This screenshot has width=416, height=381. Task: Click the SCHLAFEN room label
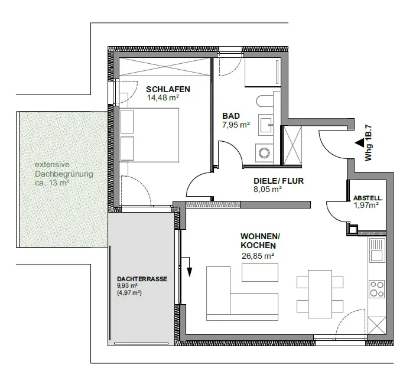(x=168, y=89)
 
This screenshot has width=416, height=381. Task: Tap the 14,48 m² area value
(x=163, y=98)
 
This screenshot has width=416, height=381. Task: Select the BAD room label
(x=231, y=116)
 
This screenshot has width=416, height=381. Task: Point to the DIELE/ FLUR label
(x=278, y=181)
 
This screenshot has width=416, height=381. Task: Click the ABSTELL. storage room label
(x=368, y=198)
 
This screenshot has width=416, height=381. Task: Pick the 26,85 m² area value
(x=258, y=256)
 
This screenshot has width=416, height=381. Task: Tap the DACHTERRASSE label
(x=142, y=279)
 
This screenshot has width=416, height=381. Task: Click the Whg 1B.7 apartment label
(x=369, y=143)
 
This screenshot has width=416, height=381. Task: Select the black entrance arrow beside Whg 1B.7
(x=360, y=143)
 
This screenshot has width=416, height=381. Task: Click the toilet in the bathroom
(x=265, y=102)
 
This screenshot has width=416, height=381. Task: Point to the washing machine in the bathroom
(x=264, y=153)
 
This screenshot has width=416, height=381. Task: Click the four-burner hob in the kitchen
(x=377, y=289)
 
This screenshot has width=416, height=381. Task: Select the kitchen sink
(x=377, y=250)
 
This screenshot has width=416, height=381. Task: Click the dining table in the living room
(x=320, y=294)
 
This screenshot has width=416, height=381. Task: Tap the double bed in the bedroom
(x=149, y=135)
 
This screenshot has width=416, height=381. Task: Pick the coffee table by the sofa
(x=260, y=272)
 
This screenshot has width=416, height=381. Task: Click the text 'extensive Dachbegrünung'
(x=64, y=170)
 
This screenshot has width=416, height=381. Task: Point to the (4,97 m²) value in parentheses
(x=129, y=293)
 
